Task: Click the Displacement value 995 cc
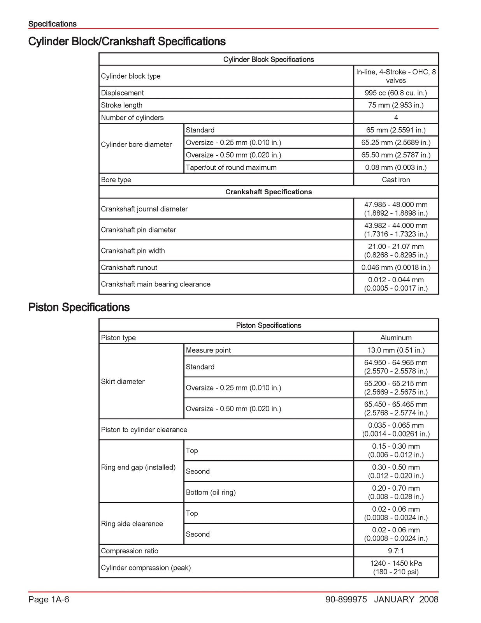(395, 93)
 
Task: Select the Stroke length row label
(122, 105)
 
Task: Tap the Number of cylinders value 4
(396, 118)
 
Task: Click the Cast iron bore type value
(396, 180)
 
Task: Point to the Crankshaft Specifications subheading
(269, 192)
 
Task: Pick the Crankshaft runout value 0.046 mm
(395, 268)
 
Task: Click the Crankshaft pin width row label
(133, 251)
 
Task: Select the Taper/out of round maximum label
(231, 167)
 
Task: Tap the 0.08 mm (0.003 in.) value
(395, 167)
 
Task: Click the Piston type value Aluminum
(396, 338)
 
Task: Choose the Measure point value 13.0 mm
(396, 350)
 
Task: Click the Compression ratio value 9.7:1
(396, 551)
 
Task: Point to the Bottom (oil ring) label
(211, 492)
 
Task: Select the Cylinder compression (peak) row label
(146, 568)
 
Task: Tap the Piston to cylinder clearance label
(144, 429)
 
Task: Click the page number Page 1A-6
(49, 599)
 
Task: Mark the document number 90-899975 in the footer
(346, 599)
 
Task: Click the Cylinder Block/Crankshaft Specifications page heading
(127, 41)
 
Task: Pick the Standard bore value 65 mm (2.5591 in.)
(395, 130)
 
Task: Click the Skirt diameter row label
(123, 382)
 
